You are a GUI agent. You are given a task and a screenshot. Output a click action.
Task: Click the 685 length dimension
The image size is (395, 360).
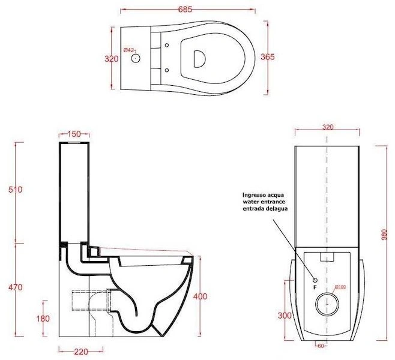pyautogui.click(x=185, y=10)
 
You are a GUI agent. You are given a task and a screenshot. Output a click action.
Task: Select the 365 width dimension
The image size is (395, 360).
pyautogui.click(x=268, y=57)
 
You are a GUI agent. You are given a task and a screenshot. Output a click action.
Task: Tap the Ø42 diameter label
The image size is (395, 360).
pyautogui.click(x=129, y=50)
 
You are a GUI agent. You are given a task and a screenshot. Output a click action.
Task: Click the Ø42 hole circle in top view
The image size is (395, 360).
pyautogui.click(x=136, y=58)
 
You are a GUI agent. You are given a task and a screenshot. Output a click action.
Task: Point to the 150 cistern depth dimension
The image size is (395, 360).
pyautogui.click(x=74, y=134)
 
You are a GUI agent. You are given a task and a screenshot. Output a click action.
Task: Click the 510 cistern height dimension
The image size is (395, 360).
pyautogui.click(x=16, y=190)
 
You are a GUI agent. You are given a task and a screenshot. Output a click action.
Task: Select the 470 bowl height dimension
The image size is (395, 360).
pyautogui.click(x=16, y=287)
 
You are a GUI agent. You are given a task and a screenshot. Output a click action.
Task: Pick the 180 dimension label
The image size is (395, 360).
pyautogui.click(x=43, y=319)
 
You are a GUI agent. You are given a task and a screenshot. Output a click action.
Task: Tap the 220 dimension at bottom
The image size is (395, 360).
pyautogui.click(x=81, y=352)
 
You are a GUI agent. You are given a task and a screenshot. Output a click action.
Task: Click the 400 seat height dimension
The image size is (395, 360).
pyautogui.click(x=201, y=296)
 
